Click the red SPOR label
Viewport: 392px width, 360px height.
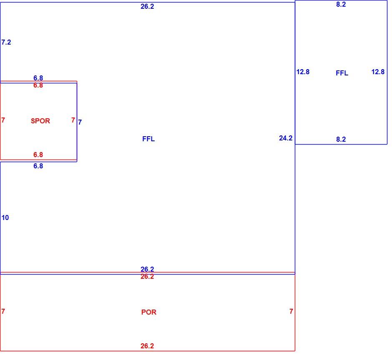pos(40,121)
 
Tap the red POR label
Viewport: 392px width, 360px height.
pos(149,312)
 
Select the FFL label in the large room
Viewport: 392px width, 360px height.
pos(148,139)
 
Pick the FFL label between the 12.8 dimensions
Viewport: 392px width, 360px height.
pos(342,73)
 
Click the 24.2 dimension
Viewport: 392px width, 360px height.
pos(286,138)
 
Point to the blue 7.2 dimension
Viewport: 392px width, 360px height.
pos(6,42)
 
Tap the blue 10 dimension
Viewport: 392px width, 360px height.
pos(5,217)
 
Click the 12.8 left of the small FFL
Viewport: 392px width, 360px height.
pos(303,72)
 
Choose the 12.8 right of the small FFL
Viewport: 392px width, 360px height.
pos(378,72)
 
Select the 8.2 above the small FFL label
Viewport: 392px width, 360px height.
pos(341,4)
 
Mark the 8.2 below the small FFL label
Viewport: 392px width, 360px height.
pos(341,139)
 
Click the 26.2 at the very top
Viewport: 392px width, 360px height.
pos(147,7)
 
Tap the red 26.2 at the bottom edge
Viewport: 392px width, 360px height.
pos(147,346)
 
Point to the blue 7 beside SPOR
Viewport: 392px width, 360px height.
pos(80,122)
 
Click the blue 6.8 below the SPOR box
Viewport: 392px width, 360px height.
pos(38,166)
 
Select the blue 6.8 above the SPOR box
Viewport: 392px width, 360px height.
pos(38,78)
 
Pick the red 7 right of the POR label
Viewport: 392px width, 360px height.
pos(291,311)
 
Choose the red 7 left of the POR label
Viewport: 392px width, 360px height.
pos(3,311)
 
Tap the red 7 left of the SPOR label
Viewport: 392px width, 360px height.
pos(3,120)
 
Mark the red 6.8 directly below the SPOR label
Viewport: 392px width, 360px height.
pos(38,155)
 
